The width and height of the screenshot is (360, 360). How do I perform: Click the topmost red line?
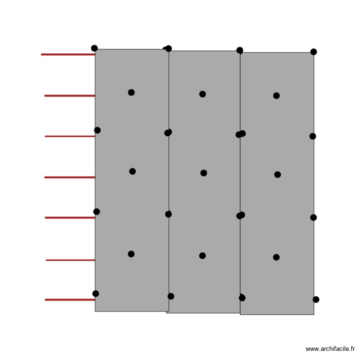click(x=68, y=55)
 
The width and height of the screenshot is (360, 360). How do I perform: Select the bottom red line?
click(x=70, y=300)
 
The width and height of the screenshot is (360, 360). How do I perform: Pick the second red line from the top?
click(x=70, y=96)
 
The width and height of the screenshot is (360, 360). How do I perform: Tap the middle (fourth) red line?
click(x=70, y=178)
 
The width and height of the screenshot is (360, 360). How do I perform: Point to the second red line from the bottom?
click(x=71, y=260)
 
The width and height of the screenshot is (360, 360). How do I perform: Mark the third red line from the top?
click(x=70, y=136)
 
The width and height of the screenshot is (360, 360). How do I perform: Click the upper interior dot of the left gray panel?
click(x=131, y=92)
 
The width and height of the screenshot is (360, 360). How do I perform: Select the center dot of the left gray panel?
click(x=132, y=171)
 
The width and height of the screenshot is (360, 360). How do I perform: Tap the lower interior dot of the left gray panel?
click(x=131, y=254)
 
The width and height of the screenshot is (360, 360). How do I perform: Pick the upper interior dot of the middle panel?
click(x=203, y=94)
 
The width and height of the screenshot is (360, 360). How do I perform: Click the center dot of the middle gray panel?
click(x=204, y=173)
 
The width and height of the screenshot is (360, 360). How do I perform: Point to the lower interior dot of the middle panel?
click(x=203, y=255)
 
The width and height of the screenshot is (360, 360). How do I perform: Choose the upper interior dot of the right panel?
click(x=276, y=96)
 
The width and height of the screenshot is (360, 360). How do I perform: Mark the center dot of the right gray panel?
click(x=277, y=175)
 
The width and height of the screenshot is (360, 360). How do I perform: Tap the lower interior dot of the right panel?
click(x=276, y=257)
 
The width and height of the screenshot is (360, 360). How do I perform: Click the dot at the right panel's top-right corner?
click(x=313, y=52)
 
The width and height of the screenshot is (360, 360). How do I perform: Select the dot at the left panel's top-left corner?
click(x=94, y=48)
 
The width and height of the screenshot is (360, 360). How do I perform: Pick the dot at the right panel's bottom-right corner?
click(x=316, y=300)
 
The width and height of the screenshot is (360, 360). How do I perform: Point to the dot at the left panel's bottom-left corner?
click(x=96, y=294)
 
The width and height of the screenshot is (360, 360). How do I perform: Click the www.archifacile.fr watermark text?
click(x=330, y=349)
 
